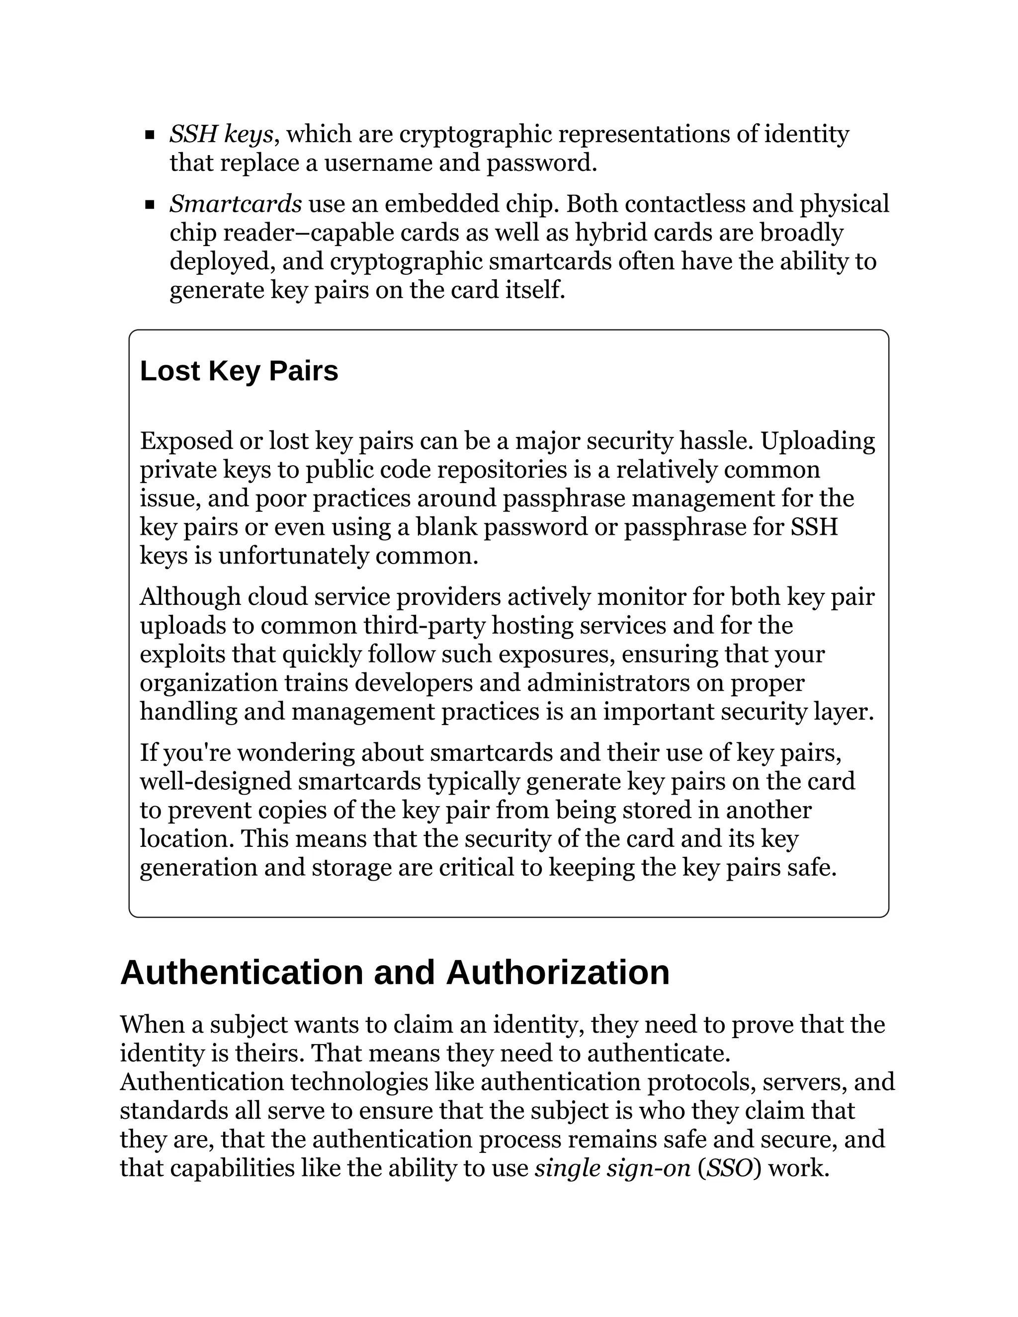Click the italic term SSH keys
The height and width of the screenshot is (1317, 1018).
tap(221, 134)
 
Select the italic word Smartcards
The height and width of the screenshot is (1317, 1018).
tap(235, 204)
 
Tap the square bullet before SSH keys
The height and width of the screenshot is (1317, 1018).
tap(150, 135)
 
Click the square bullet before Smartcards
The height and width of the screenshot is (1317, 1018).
tap(150, 205)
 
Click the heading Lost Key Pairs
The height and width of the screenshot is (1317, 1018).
tap(239, 371)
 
